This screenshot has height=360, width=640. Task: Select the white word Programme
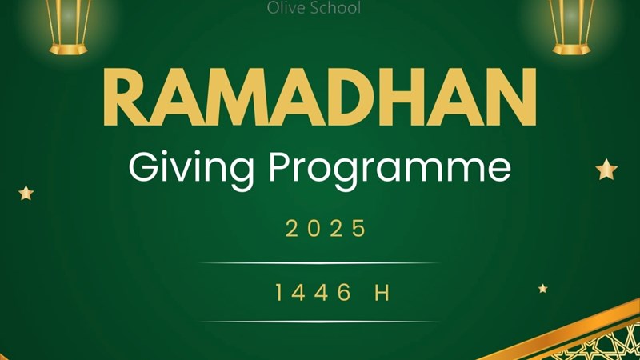tap(390, 169)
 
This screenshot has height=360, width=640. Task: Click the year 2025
tap(326, 229)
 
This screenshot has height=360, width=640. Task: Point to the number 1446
tap(313, 292)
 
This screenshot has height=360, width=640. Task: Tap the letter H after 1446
tap(382, 292)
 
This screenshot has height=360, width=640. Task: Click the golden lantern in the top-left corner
tap(68, 27)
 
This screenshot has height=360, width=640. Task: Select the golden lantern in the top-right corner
tap(571, 27)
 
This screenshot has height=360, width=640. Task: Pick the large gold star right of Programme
tap(606, 170)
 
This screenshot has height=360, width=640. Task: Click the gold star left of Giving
tap(26, 193)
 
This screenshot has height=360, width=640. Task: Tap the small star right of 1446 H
tap(542, 289)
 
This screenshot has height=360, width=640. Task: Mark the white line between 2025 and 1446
tap(319, 263)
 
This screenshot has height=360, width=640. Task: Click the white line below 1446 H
tap(319, 322)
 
